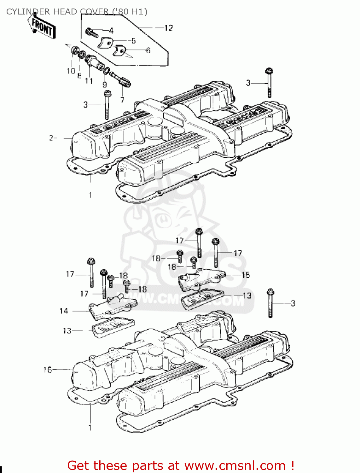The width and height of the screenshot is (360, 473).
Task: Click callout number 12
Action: tap(169, 28)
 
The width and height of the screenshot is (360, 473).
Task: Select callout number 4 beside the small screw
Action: tap(111, 31)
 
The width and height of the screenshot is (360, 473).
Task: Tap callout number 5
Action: tap(134, 41)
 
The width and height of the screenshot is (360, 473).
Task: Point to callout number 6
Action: tap(148, 50)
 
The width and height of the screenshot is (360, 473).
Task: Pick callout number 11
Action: tap(89, 81)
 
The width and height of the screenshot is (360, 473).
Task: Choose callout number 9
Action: tap(105, 85)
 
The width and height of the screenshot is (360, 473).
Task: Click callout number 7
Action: tap(122, 100)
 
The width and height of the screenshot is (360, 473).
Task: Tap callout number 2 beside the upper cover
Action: tap(51, 138)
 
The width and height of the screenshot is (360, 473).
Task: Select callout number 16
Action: tap(47, 369)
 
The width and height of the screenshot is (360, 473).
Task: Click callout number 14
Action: tap(64, 311)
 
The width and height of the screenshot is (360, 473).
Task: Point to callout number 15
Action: tap(246, 275)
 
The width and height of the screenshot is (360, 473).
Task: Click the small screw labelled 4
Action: tap(90, 32)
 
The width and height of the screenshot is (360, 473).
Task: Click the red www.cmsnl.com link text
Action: tap(235, 465)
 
